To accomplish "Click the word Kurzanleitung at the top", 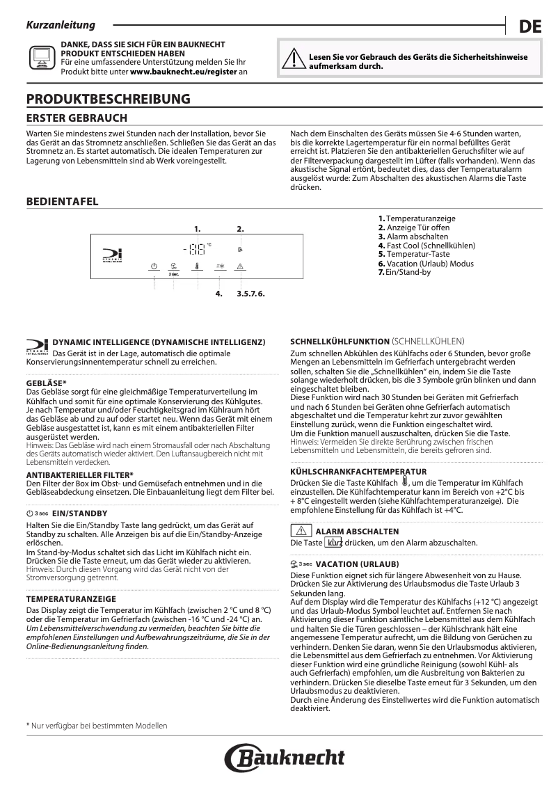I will pyautogui.click(x=60, y=25).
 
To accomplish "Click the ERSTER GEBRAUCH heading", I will pyautogui.click(x=77, y=118).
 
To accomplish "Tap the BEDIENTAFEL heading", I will pyautogui.click(x=62, y=202).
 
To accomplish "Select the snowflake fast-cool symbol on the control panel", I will pyautogui.click(x=219, y=266).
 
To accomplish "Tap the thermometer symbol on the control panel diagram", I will pyautogui.click(x=198, y=266).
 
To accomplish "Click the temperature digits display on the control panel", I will pyautogui.click(x=195, y=249).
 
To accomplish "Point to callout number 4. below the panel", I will pyautogui.click(x=218, y=294).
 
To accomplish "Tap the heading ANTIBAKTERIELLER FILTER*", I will pyautogui.click(x=79, y=475).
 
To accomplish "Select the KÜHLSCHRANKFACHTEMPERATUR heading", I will pyautogui.click(x=358, y=471).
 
